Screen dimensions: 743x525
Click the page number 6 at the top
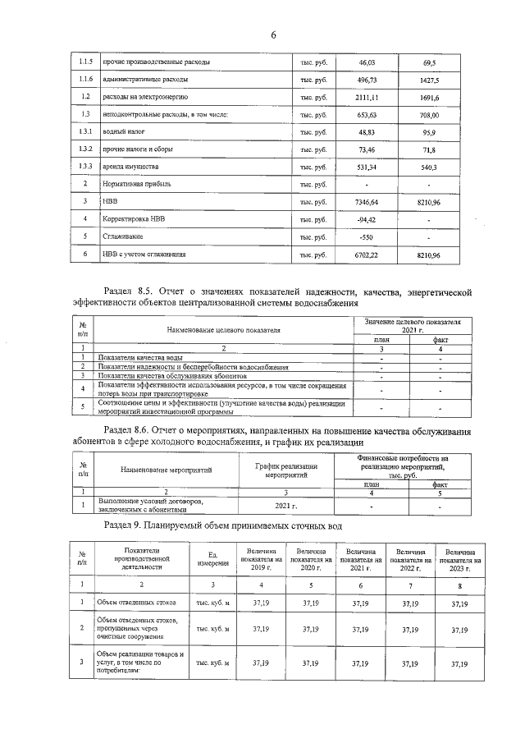click(273, 34)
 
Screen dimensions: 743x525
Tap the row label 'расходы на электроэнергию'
click(147, 98)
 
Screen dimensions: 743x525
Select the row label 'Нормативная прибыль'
click(136, 184)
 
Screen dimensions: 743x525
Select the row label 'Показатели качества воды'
click(139, 358)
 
